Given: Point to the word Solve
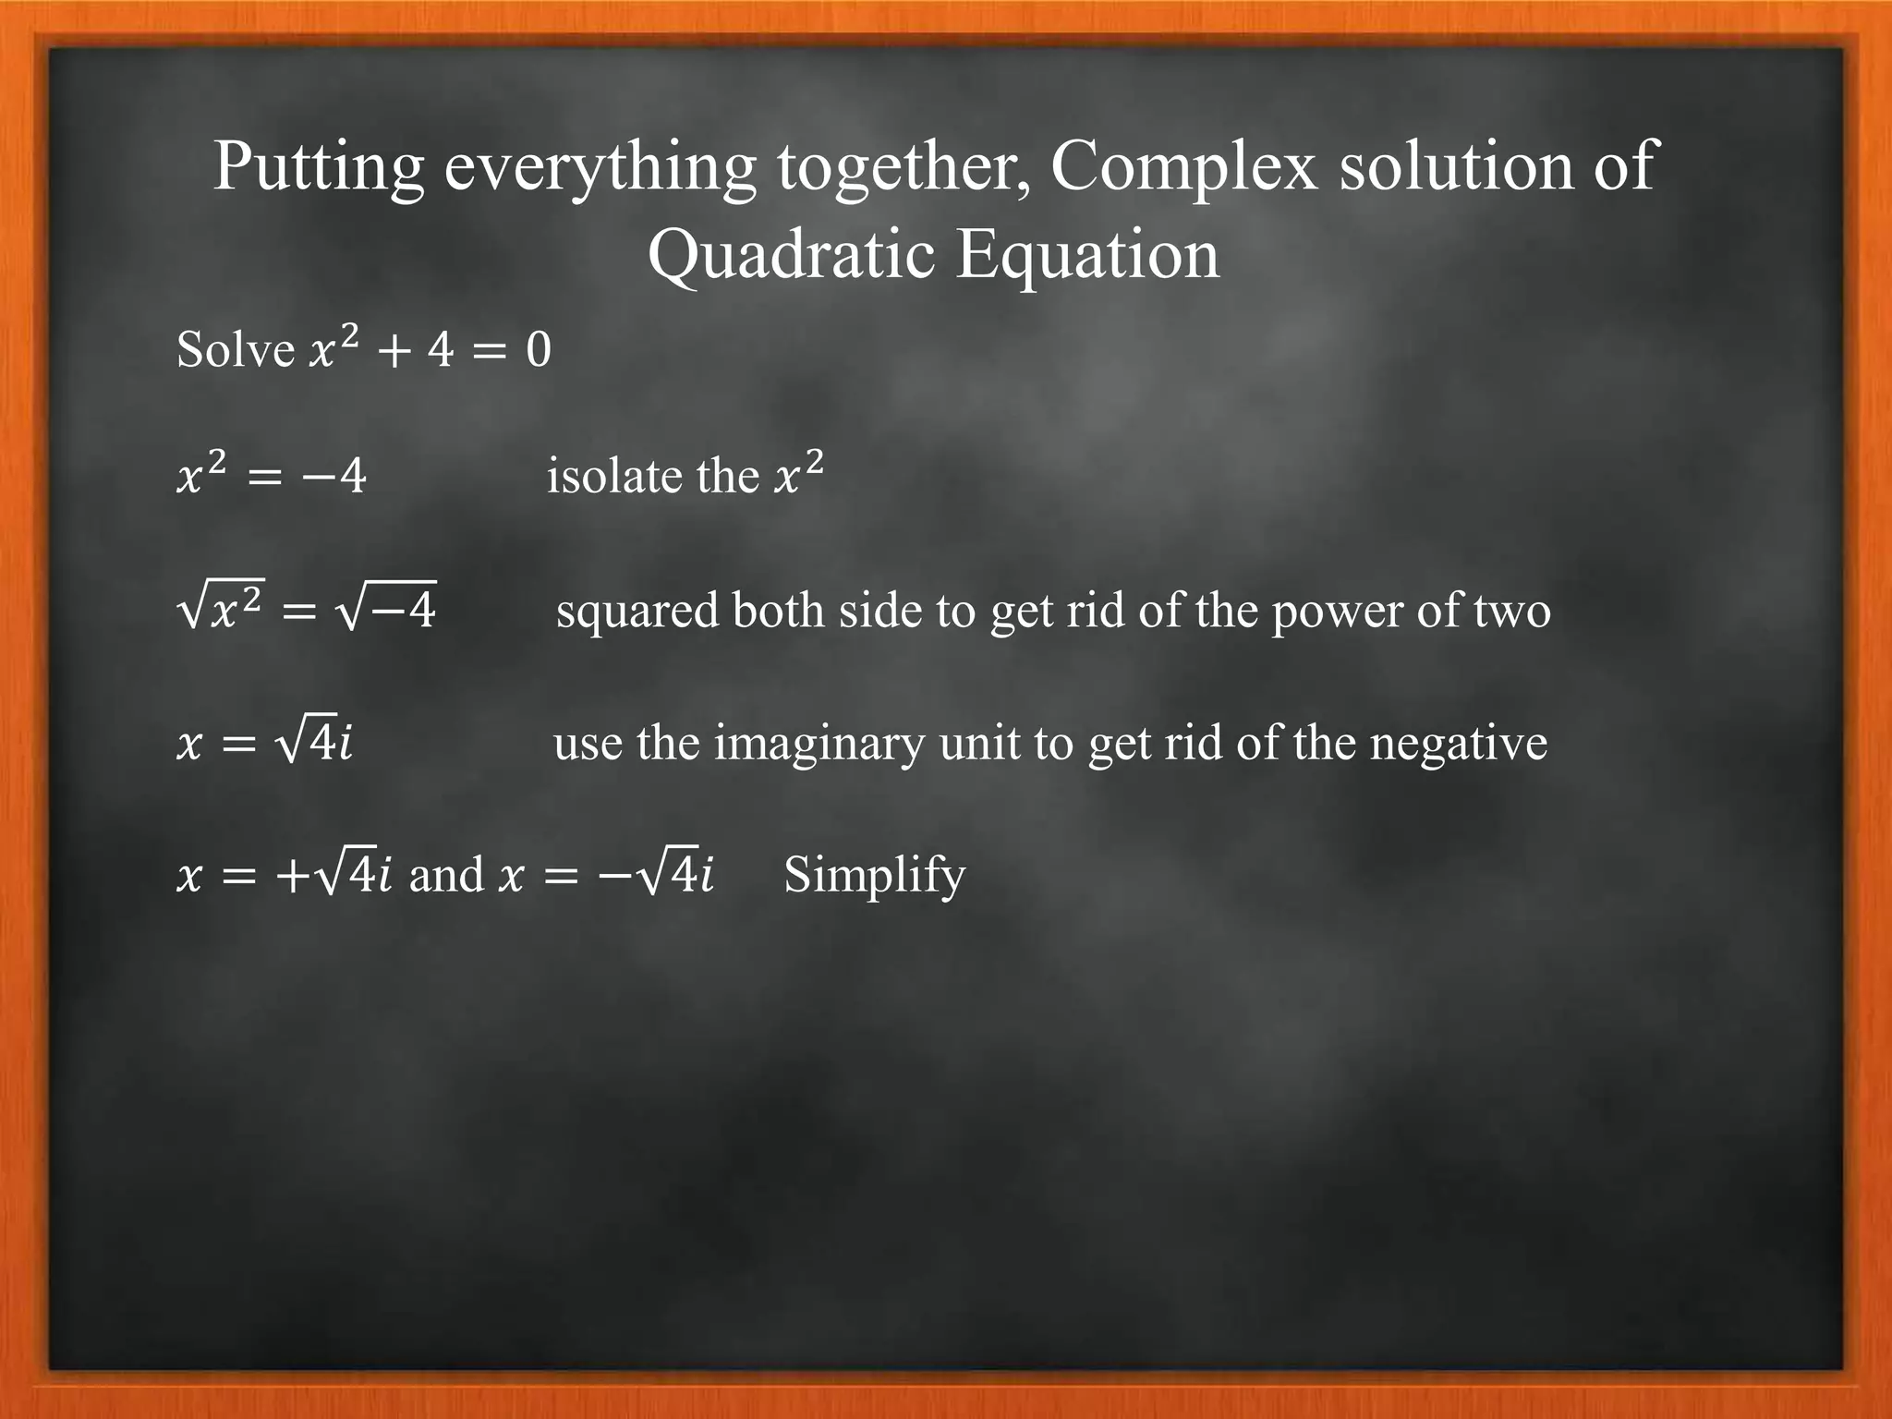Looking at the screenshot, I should [235, 349].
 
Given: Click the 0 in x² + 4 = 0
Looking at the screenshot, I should [539, 351].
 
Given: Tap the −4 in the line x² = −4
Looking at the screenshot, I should [338, 478].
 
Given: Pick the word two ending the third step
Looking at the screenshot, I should [1510, 611].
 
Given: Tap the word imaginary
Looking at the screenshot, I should [819, 744].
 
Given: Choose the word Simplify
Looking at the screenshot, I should [874, 876].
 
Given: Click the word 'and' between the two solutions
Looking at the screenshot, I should [446, 875].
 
